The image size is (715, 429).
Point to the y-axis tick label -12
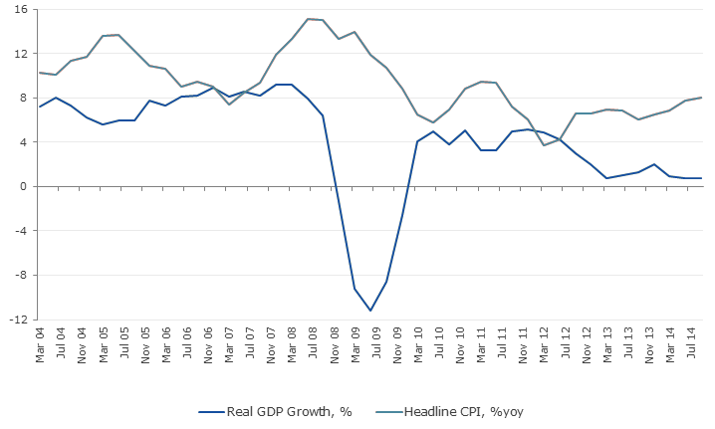tap(19, 321)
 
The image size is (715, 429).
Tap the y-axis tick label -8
tap(21, 276)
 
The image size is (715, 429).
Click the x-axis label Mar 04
tap(40, 344)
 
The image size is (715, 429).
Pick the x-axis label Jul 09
tap(370, 344)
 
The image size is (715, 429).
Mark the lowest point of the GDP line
tap(370, 311)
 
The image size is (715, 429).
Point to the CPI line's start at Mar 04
tap(39, 72)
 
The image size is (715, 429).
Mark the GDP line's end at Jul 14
tap(701, 178)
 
